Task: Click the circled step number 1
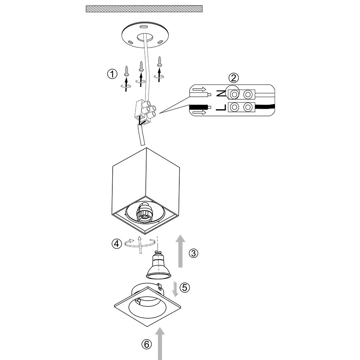[x=112, y=75]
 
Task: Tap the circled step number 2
[x=234, y=77]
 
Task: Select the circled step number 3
[x=193, y=253]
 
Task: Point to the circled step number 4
[x=116, y=244]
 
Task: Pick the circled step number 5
[x=184, y=287]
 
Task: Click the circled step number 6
[x=146, y=344]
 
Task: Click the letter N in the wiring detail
[x=220, y=94]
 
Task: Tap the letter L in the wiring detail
[x=221, y=107]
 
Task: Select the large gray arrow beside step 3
[x=181, y=251]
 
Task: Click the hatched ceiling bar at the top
[x=144, y=9]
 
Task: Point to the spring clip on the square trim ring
[x=160, y=288]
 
